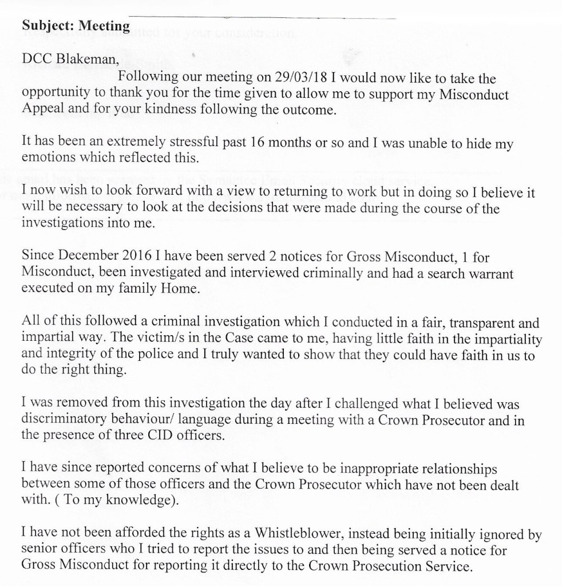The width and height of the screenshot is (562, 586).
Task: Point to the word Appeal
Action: tap(40, 109)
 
